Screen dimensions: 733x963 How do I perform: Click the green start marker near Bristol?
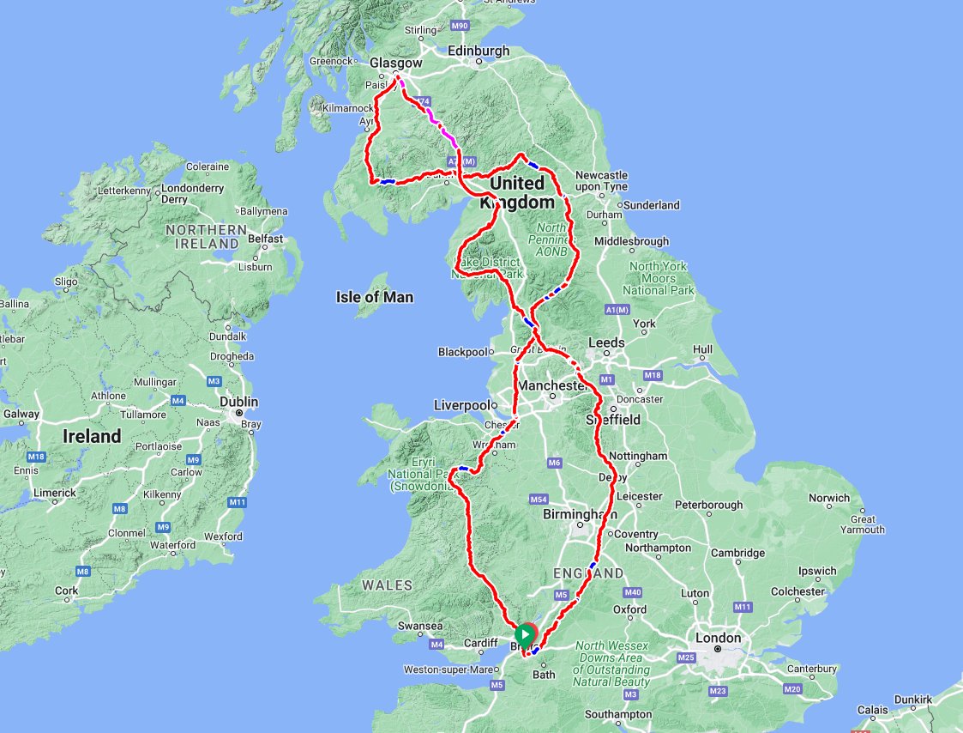point(525,634)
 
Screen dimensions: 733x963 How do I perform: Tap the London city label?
point(719,638)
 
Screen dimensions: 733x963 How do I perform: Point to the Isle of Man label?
point(374,297)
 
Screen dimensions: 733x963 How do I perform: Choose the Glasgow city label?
point(395,63)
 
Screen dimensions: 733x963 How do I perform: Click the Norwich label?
point(829,498)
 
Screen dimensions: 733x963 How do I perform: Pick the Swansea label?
point(420,627)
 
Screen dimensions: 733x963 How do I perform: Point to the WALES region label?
point(387,585)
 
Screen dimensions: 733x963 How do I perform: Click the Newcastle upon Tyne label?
point(600,180)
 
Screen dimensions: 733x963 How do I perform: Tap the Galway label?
point(21,414)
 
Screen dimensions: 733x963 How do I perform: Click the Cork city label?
point(66,591)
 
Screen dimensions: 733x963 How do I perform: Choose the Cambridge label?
point(738,553)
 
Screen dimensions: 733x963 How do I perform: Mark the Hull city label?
point(702,349)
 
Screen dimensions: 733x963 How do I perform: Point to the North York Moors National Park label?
point(659,278)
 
